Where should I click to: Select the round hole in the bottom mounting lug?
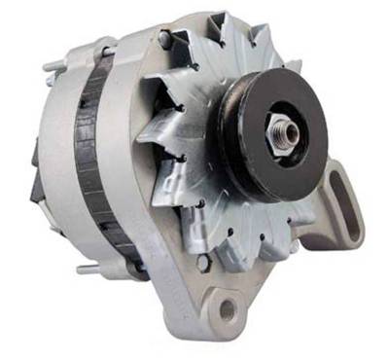pyautogui.click(x=227, y=311)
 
